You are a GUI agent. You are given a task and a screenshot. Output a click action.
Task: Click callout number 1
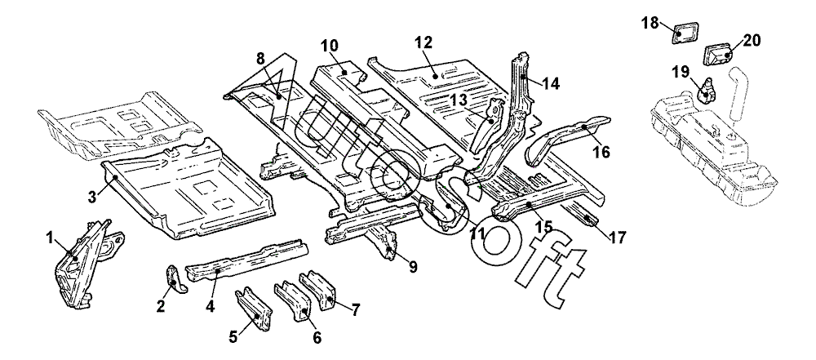(x=50, y=238)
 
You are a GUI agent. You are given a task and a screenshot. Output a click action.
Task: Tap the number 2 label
(x=161, y=306)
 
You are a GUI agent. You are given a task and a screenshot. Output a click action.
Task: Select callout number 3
(x=92, y=196)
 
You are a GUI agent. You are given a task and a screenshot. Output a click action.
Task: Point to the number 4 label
(x=210, y=306)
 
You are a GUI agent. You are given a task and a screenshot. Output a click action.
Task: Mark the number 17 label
(x=617, y=238)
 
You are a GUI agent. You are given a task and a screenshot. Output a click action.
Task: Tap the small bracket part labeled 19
(x=706, y=85)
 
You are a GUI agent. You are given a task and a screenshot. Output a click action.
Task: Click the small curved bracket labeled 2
(x=174, y=278)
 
